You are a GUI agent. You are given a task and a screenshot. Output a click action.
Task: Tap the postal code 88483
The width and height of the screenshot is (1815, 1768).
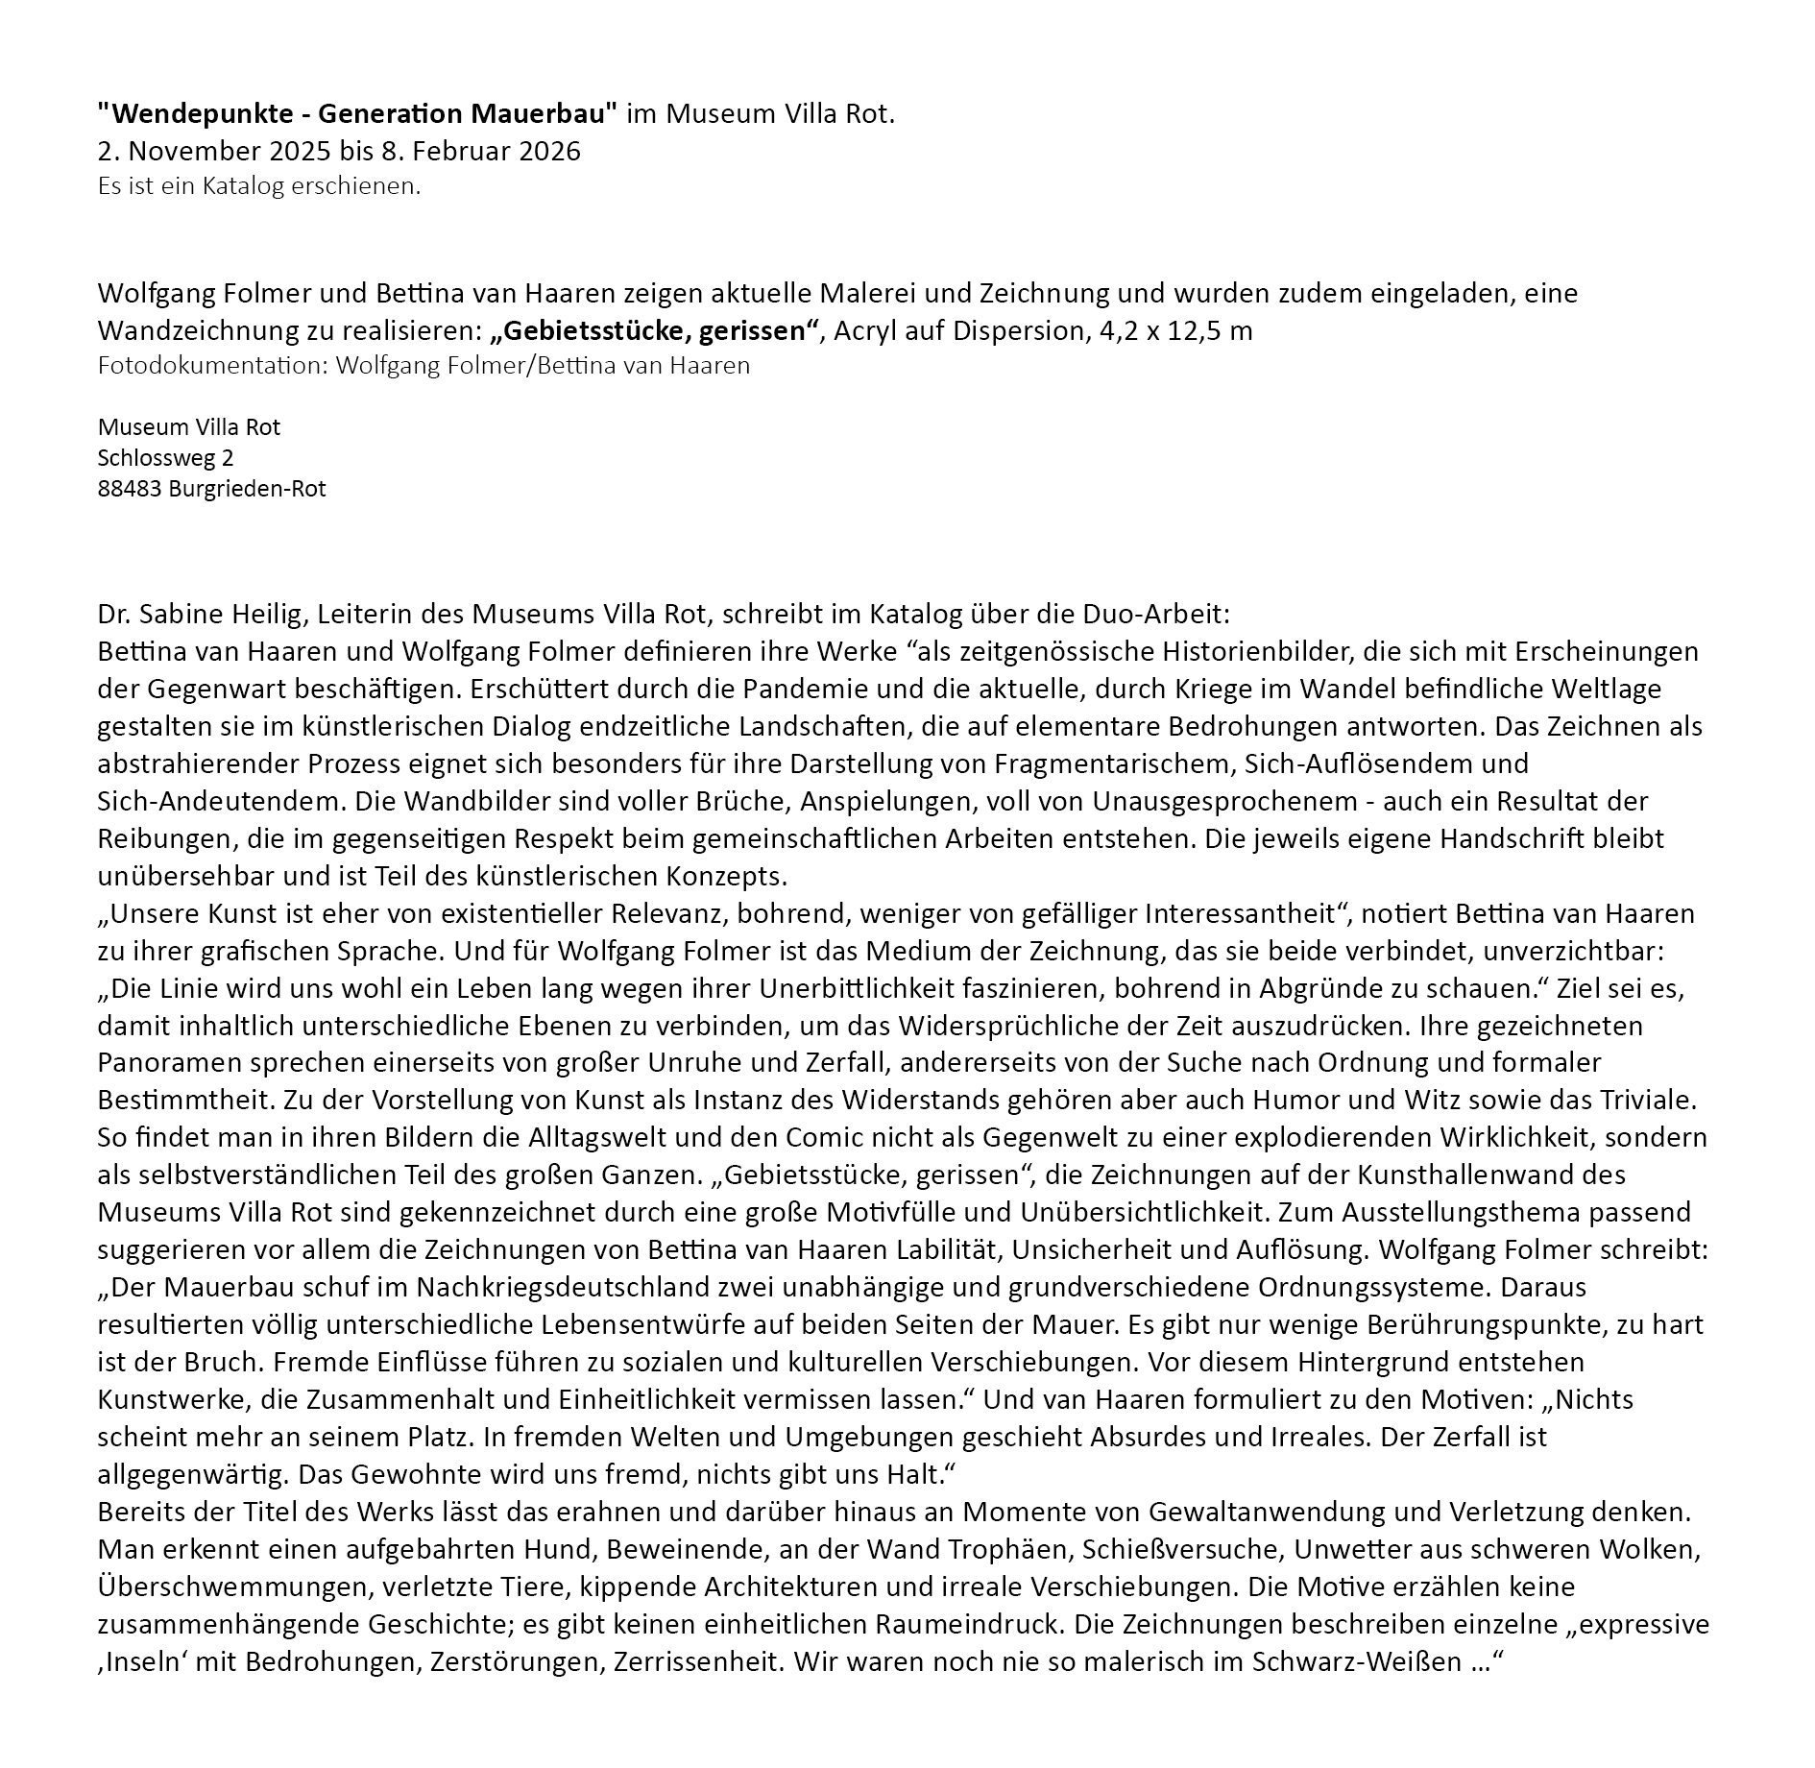point(129,489)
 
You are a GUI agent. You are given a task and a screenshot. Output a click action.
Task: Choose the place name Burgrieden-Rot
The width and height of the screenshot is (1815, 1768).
point(247,489)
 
